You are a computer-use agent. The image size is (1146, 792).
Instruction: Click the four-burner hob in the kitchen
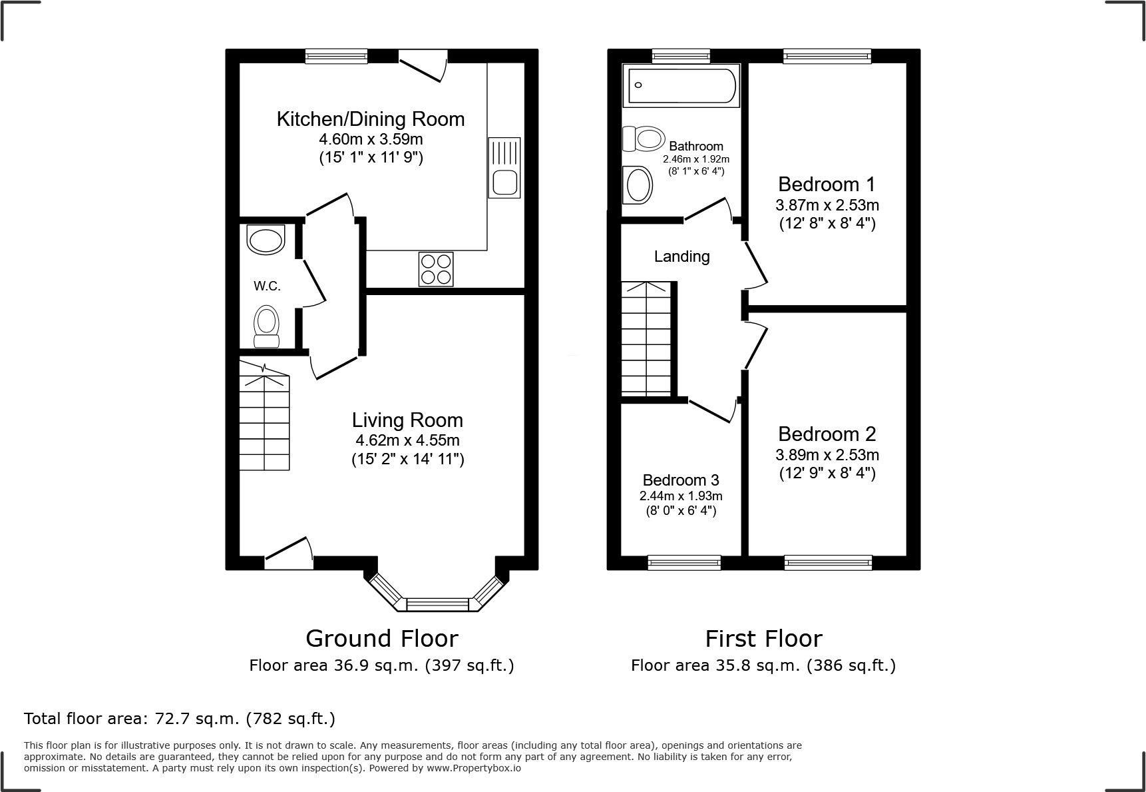[x=436, y=269]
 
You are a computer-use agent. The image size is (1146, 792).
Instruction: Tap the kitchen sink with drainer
[x=504, y=167]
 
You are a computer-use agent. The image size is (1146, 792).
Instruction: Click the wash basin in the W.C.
[x=265, y=240]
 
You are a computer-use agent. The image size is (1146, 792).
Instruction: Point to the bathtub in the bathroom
[x=681, y=85]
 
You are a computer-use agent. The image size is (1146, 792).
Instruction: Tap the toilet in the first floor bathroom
[x=644, y=139]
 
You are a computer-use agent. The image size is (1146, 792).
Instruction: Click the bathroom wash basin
[x=638, y=185]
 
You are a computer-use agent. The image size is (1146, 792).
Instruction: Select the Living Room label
[x=407, y=420]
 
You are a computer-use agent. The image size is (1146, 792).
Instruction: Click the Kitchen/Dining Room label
[x=371, y=119]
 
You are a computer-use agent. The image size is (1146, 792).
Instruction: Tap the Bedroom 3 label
[x=681, y=480]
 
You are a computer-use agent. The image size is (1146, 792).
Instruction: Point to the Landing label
[x=681, y=256]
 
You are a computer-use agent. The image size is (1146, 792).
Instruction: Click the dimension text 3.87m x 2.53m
[x=827, y=205]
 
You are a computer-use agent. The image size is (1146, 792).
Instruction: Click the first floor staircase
[x=646, y=338]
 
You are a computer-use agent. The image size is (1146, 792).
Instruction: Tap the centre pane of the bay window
[x=437, y=604]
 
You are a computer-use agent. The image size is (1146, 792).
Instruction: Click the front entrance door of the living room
[x=289, y=554]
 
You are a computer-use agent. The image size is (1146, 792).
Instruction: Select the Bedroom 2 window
[x=828, y=563]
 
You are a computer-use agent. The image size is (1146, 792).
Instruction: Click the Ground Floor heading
[x=381, y=638]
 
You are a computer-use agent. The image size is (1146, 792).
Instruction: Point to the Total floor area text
[x=180, y=719]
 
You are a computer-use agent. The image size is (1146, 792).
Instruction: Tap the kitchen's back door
[x=422, y=67]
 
